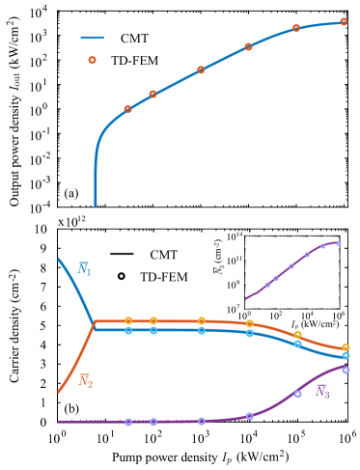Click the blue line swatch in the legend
[x=93, y=39]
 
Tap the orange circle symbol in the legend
[x=92, y=60]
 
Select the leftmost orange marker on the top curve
[x=127, y=109]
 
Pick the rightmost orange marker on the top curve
[x=344, y=21]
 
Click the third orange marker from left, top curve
[x=201, y=69]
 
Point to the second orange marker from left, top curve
[x=152, y=94]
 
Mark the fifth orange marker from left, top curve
[x=296, y=28]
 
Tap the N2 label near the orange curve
[x=85, y=381]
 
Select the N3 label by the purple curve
[x=322, y=392]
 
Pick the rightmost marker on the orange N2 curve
[x=346, y=346]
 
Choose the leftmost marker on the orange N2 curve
[x=127, y=320]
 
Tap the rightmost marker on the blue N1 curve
[x=346, y=355]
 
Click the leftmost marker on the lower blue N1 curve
[x=127, y=330]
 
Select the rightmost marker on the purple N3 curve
[x=346, y=370]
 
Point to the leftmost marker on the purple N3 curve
[x=128, y=422]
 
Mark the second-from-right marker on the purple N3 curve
[x=297, y=393]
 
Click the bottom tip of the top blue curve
[x=95, y=205]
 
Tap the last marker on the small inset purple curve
[x=337, y=243]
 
